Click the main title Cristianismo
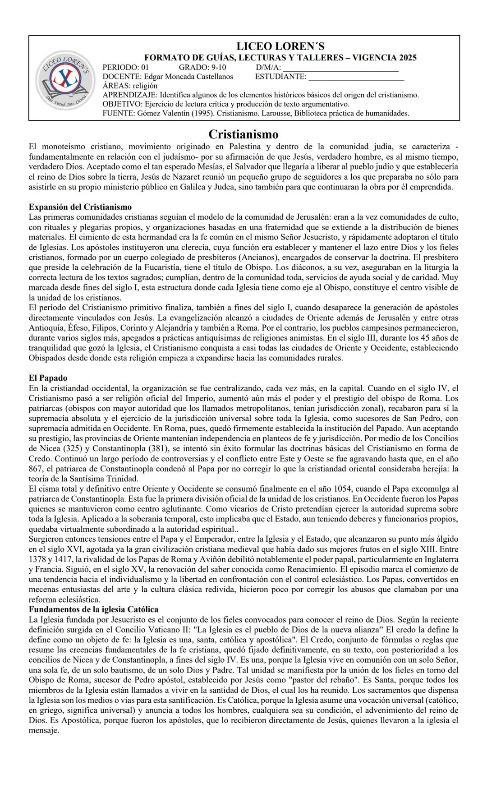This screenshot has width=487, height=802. [243, 134]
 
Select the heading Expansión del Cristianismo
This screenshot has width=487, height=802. [80, 207]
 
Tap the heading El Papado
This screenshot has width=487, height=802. [48, 378]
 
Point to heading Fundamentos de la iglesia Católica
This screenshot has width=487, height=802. [93, 609]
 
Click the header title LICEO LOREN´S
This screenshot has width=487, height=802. [280, 47]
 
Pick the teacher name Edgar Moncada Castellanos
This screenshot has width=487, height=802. [188, 77]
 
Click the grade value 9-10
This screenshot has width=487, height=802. [218, 68]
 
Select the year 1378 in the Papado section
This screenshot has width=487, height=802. [38, 559]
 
